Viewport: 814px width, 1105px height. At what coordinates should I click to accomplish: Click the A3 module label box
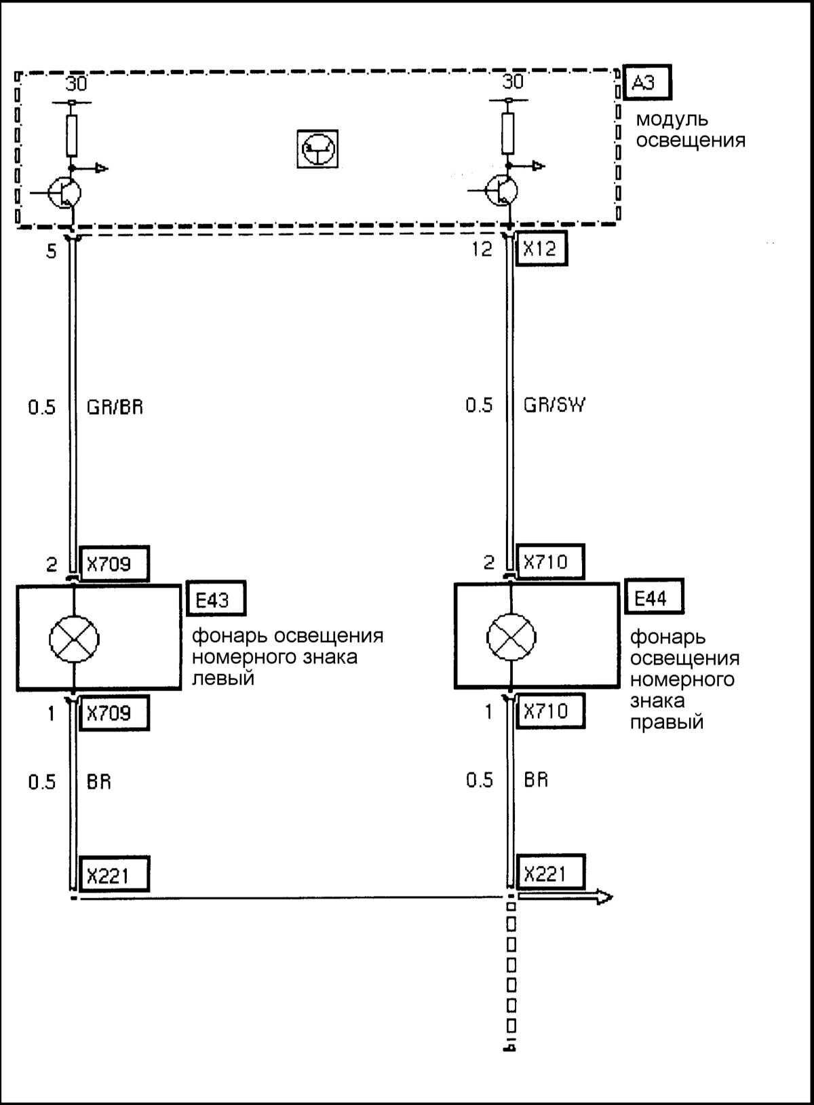(647, 83)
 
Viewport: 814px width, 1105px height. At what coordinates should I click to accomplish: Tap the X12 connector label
(541, 248)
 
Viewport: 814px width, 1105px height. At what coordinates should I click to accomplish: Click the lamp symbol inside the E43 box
(74, 639)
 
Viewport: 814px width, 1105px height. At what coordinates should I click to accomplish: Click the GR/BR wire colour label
(115, 407)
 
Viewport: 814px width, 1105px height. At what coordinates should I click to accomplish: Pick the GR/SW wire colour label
(554, 405)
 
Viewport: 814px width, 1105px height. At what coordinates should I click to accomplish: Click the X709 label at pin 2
(114, 563)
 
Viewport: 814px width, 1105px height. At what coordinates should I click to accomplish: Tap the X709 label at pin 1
(114, 713)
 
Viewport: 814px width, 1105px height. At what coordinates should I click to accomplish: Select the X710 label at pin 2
(550, 562)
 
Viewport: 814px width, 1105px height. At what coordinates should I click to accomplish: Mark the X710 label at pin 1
(550, 711)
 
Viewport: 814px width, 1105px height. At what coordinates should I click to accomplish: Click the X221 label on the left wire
(113, 874)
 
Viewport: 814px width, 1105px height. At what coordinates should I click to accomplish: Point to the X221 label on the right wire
(550, 872)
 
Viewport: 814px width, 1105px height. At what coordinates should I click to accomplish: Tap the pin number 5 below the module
(51, 251)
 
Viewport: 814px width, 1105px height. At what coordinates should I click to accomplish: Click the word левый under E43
(223, 677)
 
